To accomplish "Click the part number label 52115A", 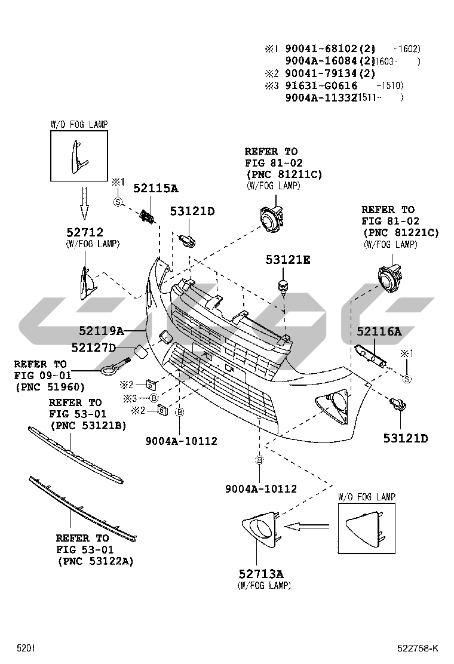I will tap(155, 189).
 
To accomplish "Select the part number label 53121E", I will tap(289, 260).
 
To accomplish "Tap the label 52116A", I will tap(379, 331).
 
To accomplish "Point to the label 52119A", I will tap(102, 330).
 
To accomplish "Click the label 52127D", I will tap(93, 348).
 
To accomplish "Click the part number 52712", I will tap(84, 232).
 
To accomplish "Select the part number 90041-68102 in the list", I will tap(321, 48).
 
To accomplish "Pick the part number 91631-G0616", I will tap(321, 86).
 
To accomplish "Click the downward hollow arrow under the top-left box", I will tap(84, 202).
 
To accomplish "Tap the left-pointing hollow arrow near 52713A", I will tap(308, 526).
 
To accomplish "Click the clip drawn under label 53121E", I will tap(284, 286).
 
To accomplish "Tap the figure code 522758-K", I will tap(418, 648).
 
